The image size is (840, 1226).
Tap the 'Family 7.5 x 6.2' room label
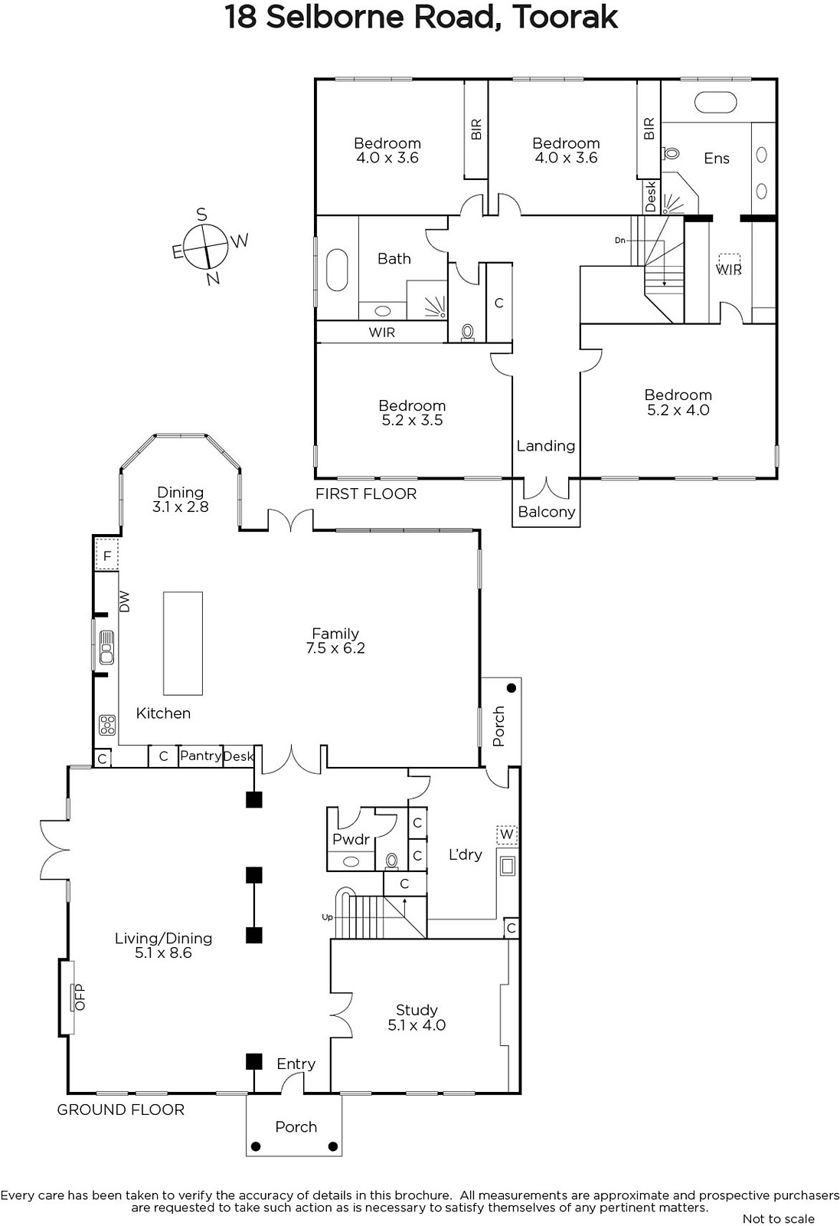335,641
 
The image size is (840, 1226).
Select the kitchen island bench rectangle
183,643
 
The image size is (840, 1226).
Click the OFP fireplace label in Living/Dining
80,997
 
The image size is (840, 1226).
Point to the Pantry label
200,756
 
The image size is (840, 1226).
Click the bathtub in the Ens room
715,103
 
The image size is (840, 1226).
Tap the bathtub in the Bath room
337,270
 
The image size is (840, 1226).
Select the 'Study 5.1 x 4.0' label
417,1018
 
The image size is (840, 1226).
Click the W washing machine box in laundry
506,834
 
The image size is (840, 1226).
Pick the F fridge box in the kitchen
107,556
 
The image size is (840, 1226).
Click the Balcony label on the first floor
546,513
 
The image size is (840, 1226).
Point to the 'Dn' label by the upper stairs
619,241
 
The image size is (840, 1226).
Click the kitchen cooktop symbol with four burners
107,725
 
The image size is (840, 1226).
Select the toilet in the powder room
391,861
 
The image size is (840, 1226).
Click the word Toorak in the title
565,18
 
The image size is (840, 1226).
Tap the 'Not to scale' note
779,1219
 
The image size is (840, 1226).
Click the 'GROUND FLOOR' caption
121,1110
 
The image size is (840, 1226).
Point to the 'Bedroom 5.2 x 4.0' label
678,402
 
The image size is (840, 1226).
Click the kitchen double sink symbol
106,647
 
